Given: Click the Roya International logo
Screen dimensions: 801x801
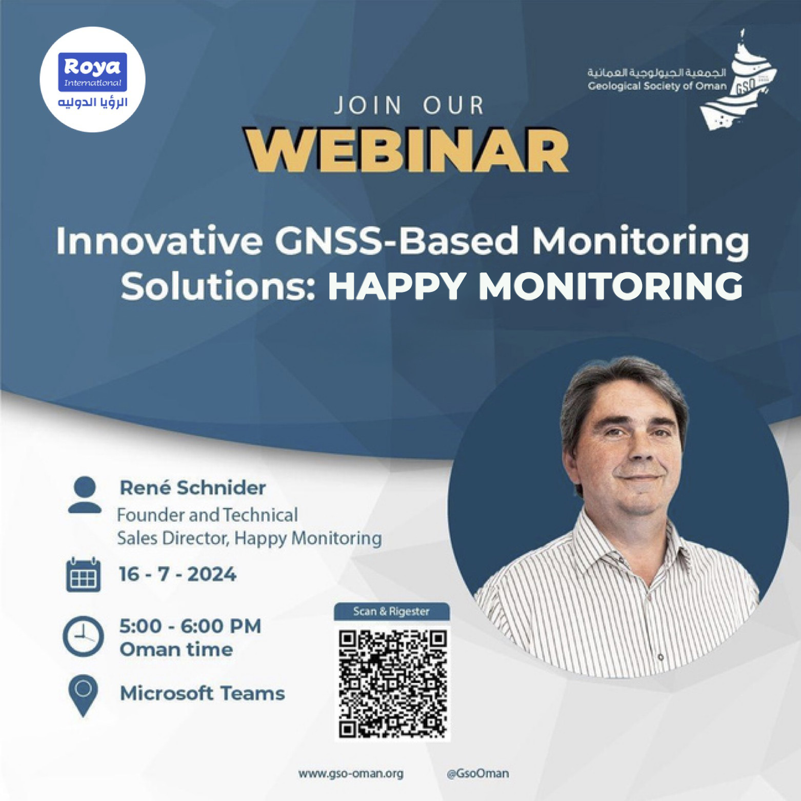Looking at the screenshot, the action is (93, 81).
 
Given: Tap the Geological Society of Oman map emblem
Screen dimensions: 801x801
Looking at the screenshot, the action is (743, 79).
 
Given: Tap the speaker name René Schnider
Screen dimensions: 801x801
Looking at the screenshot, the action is (193, 488).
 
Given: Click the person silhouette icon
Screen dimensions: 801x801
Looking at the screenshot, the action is (84, 495).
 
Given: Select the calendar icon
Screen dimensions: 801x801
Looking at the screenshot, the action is (82, 575).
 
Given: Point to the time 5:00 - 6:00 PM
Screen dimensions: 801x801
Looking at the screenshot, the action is (190, 627).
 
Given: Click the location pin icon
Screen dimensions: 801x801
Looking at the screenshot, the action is (83, 696).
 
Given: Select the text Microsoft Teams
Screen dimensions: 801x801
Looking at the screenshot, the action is (202, 694).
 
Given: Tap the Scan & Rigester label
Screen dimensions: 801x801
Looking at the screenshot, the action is (392, 612).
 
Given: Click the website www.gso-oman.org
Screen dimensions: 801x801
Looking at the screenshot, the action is (351, 774).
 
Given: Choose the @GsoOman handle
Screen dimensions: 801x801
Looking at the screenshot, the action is (478, 773).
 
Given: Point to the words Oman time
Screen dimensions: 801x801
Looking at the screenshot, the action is (176, 650).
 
